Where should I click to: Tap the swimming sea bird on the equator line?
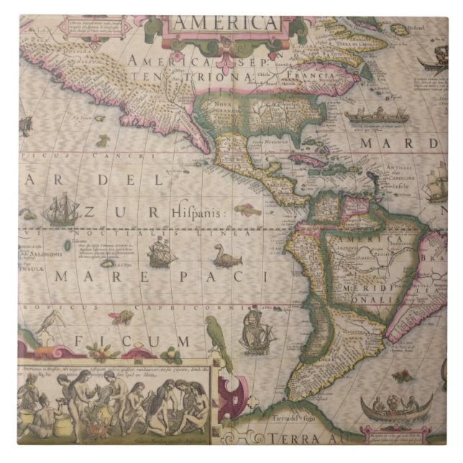226,256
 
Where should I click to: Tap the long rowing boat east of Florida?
366,115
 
